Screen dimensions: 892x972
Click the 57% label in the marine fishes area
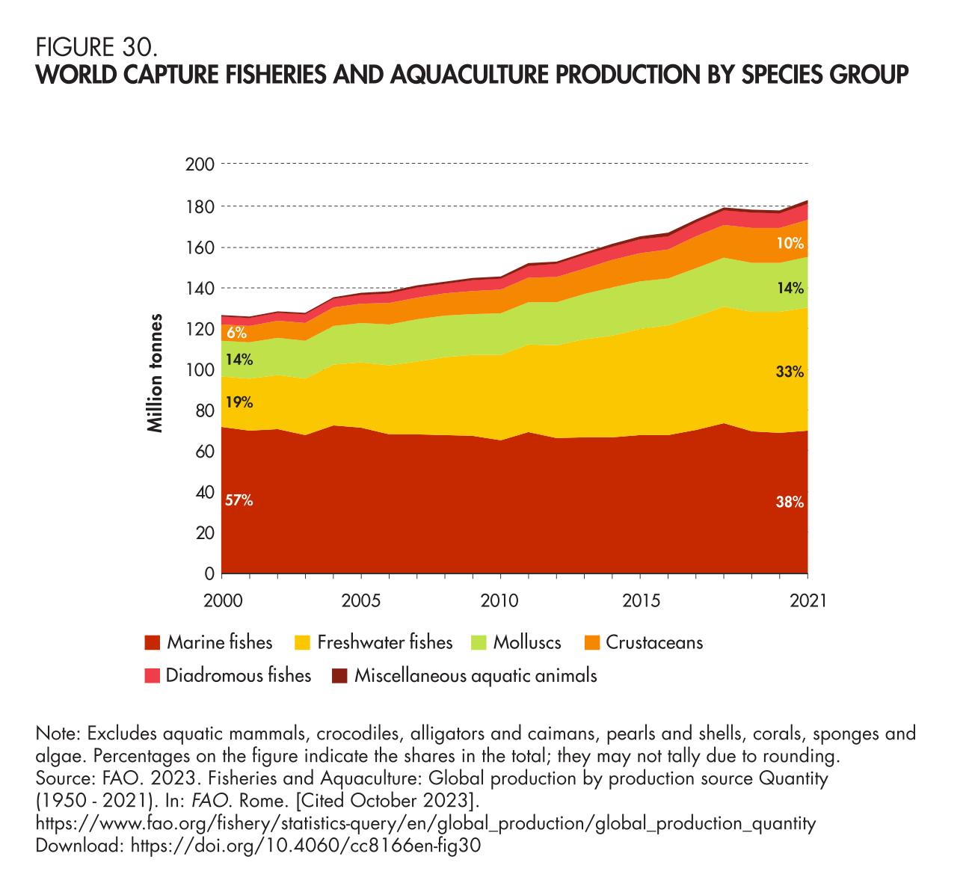[x=239, y=501]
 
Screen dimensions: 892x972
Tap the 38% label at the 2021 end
[x=790, y=503]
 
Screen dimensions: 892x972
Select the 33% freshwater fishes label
[x=790, y=371]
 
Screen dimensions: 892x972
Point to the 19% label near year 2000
[x=239, y=402]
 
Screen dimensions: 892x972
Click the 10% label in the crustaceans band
[x=790, y=243]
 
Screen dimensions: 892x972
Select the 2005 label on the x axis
[x=361, y=601]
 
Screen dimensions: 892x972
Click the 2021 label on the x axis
[x=808, y=601]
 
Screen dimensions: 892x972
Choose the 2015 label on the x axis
[x=640, y=601]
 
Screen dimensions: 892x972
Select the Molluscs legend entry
[x=527, y=642]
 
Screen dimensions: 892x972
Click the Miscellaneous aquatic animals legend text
[x=476, y=676]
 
